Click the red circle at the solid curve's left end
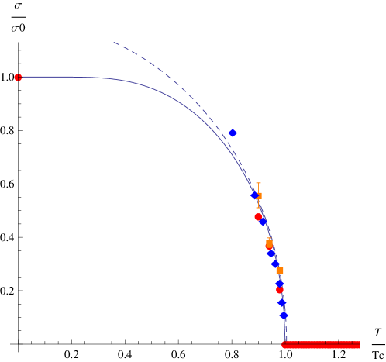[x=18, y=78]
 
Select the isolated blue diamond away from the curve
[x=233, y=133]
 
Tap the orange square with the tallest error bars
[x=258, y=195]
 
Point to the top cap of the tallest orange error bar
[x=258, y=183]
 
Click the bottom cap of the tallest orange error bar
[x=258, y=208]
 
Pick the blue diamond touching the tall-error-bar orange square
[x=254, y=195]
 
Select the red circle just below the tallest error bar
[x=258, y=217]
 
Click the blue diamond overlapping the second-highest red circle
[x=264, y=222]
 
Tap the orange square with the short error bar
[x=269, y=243]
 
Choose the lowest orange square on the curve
[x=280, y=271]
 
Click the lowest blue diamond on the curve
[x=284, y=315]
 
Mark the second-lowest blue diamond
[x=281, y=302]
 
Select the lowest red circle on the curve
[x=280, y=291]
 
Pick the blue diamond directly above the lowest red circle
[x=279, y=284]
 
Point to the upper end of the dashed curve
[x=114, y=42]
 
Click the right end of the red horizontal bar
[x=359, y=344]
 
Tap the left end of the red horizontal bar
[x=284, y=344]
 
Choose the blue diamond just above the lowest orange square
[x=275, y=264]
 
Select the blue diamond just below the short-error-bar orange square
[x=271, y=253]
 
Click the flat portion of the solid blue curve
[x=62, y=77]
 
